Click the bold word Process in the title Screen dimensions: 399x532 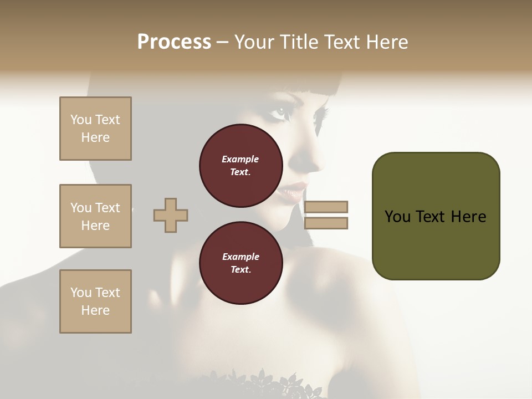174,42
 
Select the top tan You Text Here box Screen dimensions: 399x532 95,129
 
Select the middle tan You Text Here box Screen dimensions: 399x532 95,216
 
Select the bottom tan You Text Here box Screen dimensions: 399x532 95,301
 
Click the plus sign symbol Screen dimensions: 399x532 170,215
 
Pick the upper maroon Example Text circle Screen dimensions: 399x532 241,166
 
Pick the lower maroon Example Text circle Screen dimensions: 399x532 241,263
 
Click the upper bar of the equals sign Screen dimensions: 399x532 326,207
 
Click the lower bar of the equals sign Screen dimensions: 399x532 326,223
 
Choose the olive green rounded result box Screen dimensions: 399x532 436,216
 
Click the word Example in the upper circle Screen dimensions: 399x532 241,159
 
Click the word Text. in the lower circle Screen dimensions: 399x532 241,270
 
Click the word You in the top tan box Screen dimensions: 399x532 80,120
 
